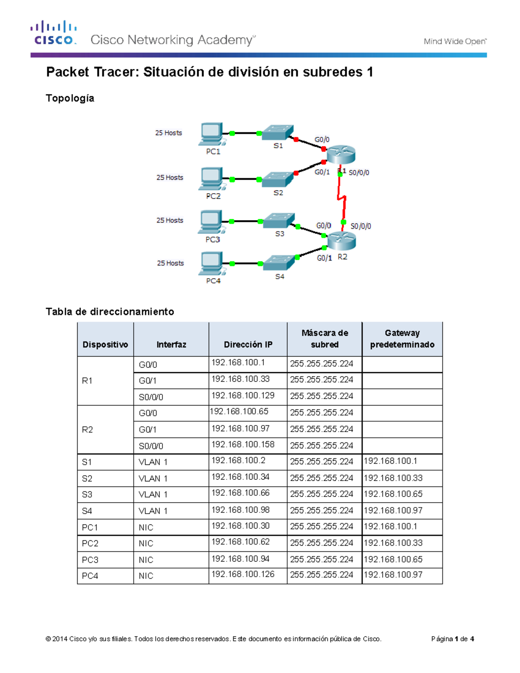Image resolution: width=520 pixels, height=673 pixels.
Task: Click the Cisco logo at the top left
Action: [x=54, y=33]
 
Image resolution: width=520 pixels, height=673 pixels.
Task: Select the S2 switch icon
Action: [x=277, y=179]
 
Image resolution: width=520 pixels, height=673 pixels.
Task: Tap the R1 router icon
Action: [x=341, y=155]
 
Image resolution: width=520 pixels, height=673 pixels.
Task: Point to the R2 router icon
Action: [x=341, y=241]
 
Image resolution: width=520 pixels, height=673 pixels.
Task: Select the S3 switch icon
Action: [x=279, y=221]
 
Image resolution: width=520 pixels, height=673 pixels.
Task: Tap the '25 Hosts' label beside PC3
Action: [x=170, y=220]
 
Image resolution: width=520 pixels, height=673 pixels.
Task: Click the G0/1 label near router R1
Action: [x=322, y=172]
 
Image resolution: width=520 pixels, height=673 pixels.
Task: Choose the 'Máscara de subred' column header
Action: [x=325, y=339]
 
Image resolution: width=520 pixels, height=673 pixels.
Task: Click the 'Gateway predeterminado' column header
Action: [x=402, y=339]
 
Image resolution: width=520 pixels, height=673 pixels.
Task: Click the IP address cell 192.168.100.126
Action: [x=243, y=575]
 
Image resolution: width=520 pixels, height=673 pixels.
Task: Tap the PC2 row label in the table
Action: [x=90, y=543]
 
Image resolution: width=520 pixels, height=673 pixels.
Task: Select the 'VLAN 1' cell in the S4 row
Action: [x=153, y=511]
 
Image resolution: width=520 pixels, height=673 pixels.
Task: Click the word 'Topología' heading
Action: [x=70, y=98]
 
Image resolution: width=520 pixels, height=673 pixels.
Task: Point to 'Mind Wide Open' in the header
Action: [x=455, y=42]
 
